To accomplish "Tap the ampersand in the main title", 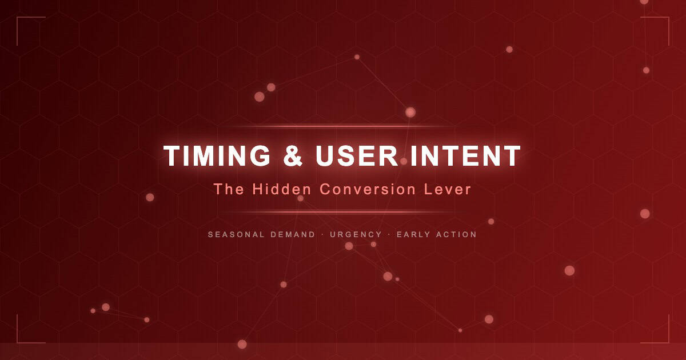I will (293, 156).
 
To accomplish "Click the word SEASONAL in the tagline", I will (236, 234).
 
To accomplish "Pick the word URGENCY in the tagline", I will (356, 234).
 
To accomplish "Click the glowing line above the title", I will (343, 126).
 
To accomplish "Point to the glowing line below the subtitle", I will (343, 212).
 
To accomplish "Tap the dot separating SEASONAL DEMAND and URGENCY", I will (322, 234).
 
